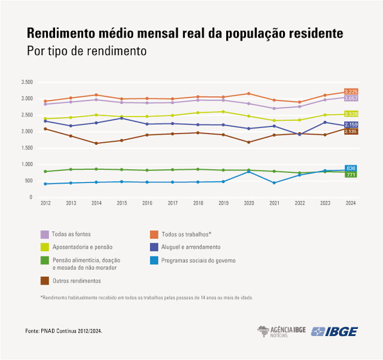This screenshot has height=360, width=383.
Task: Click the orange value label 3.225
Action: [351, 92]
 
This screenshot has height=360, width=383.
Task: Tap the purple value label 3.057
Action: [351, 98]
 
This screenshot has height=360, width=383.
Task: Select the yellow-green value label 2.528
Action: [351, 114]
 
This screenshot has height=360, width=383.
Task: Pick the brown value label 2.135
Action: [351, 131]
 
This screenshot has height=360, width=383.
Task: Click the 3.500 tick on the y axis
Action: [26, 82]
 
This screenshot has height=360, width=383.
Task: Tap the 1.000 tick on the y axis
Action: [26, 164]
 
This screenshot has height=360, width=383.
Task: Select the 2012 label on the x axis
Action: [45, 204]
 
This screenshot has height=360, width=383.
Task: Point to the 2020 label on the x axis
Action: [248, 204]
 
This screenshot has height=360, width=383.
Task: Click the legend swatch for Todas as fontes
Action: [45, 234]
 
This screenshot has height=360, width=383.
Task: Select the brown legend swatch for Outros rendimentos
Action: [45, 280]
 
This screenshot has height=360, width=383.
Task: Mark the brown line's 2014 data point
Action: [96, 143]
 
